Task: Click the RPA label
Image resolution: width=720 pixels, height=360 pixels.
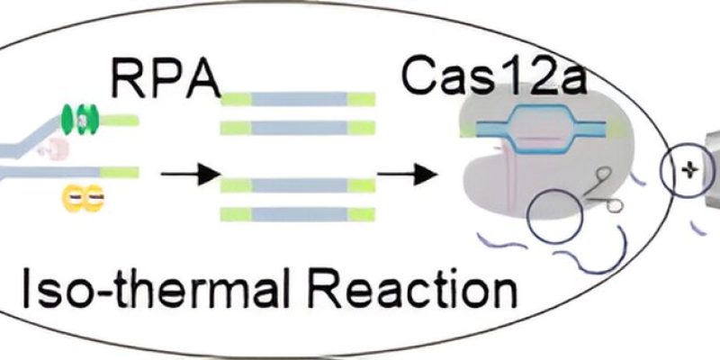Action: coord(166,78)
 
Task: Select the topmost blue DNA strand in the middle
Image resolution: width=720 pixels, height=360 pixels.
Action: coord(298,98)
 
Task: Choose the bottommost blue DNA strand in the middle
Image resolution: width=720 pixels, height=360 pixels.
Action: coord(298,214)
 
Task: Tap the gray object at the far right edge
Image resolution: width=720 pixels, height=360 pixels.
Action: coord(711,162)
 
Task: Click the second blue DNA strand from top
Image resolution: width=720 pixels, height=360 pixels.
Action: coord(298,128)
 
